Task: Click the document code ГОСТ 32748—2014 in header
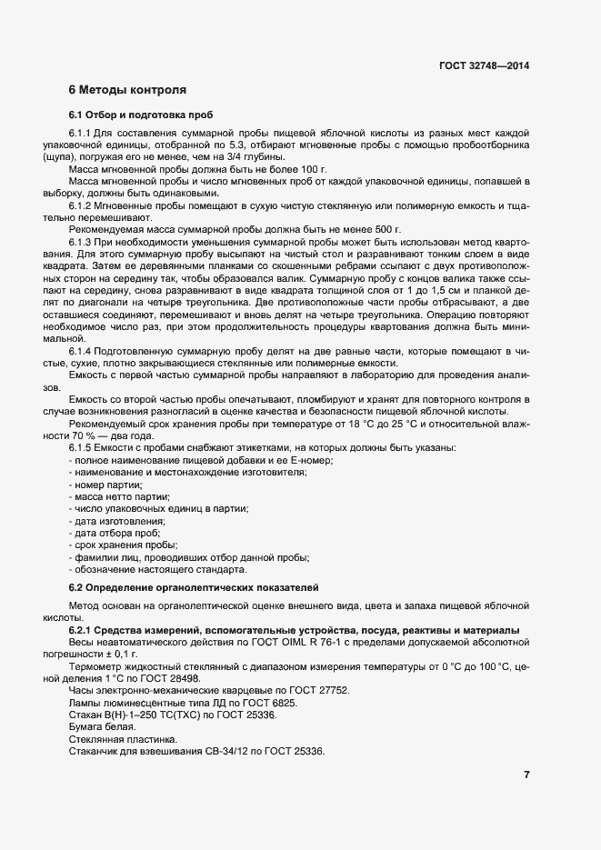pyautogui.click(x=484, y=66)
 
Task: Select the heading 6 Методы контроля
pyautogui.click(x=127, y=90)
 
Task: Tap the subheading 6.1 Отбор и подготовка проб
pyautogui.click(x=141, y=116)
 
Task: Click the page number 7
pyautogui.click(x=526, y=774)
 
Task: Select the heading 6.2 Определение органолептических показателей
pyautogui.click(x=193, y=587)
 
